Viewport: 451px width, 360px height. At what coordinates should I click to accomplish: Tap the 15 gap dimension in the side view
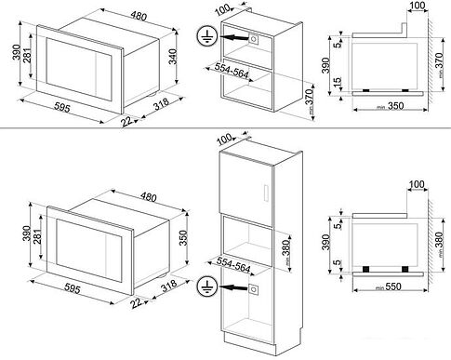point(339,86)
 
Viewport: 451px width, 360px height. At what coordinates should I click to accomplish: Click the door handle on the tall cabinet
point(266,193)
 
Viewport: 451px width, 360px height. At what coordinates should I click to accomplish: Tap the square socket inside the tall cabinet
point(253,289)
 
